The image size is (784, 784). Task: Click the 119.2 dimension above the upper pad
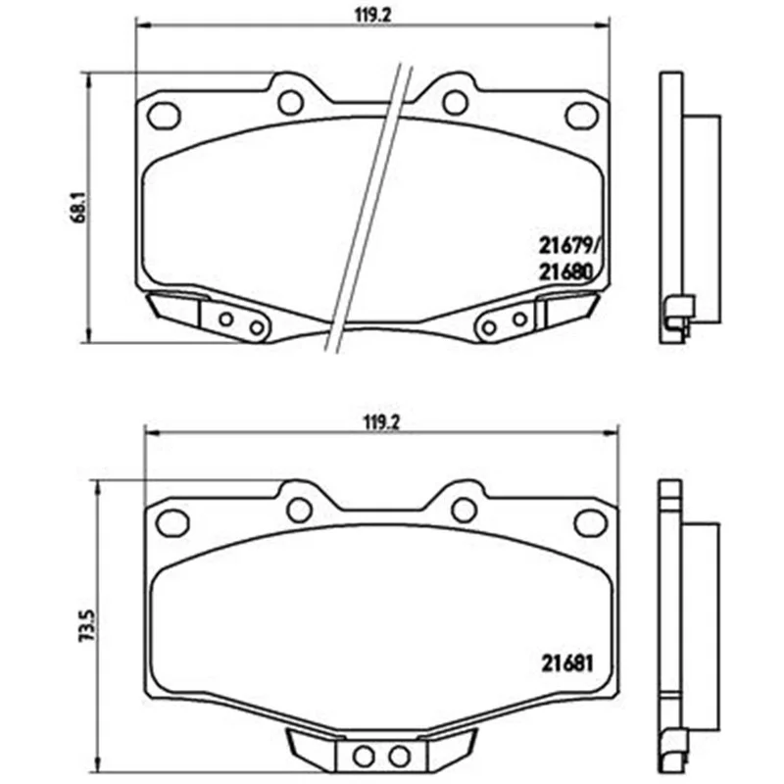click(x=372, y=15)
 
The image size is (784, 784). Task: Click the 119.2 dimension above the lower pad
click(x=382, y=423)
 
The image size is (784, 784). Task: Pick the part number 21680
click(x=565, y=272)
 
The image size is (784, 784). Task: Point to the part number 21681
click(x=567, y=663)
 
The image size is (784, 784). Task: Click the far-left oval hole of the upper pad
click(x=164, y=116)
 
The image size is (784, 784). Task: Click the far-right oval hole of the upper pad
click(x=581, y=116)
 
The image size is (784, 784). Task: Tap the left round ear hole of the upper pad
click(x=291, y=103)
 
